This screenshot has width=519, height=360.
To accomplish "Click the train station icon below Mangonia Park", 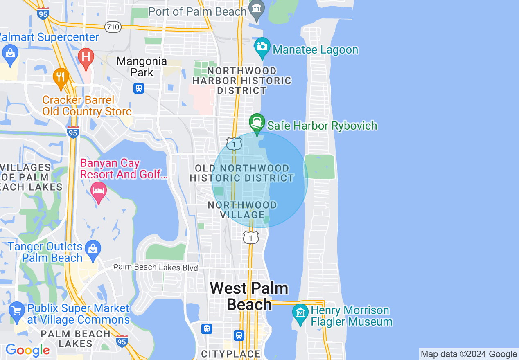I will point(139,88).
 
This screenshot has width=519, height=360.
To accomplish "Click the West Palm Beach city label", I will point(249,297).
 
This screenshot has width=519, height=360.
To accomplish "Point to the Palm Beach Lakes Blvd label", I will point(156,268).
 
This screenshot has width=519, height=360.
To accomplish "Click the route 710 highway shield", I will point(113,27).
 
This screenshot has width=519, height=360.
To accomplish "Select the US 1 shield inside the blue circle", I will point(234,144).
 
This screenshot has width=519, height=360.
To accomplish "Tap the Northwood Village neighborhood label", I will point(242,210).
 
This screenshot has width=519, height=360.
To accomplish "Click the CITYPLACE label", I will point(230,353).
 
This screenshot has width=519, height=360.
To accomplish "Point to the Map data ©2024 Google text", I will point(469,354).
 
